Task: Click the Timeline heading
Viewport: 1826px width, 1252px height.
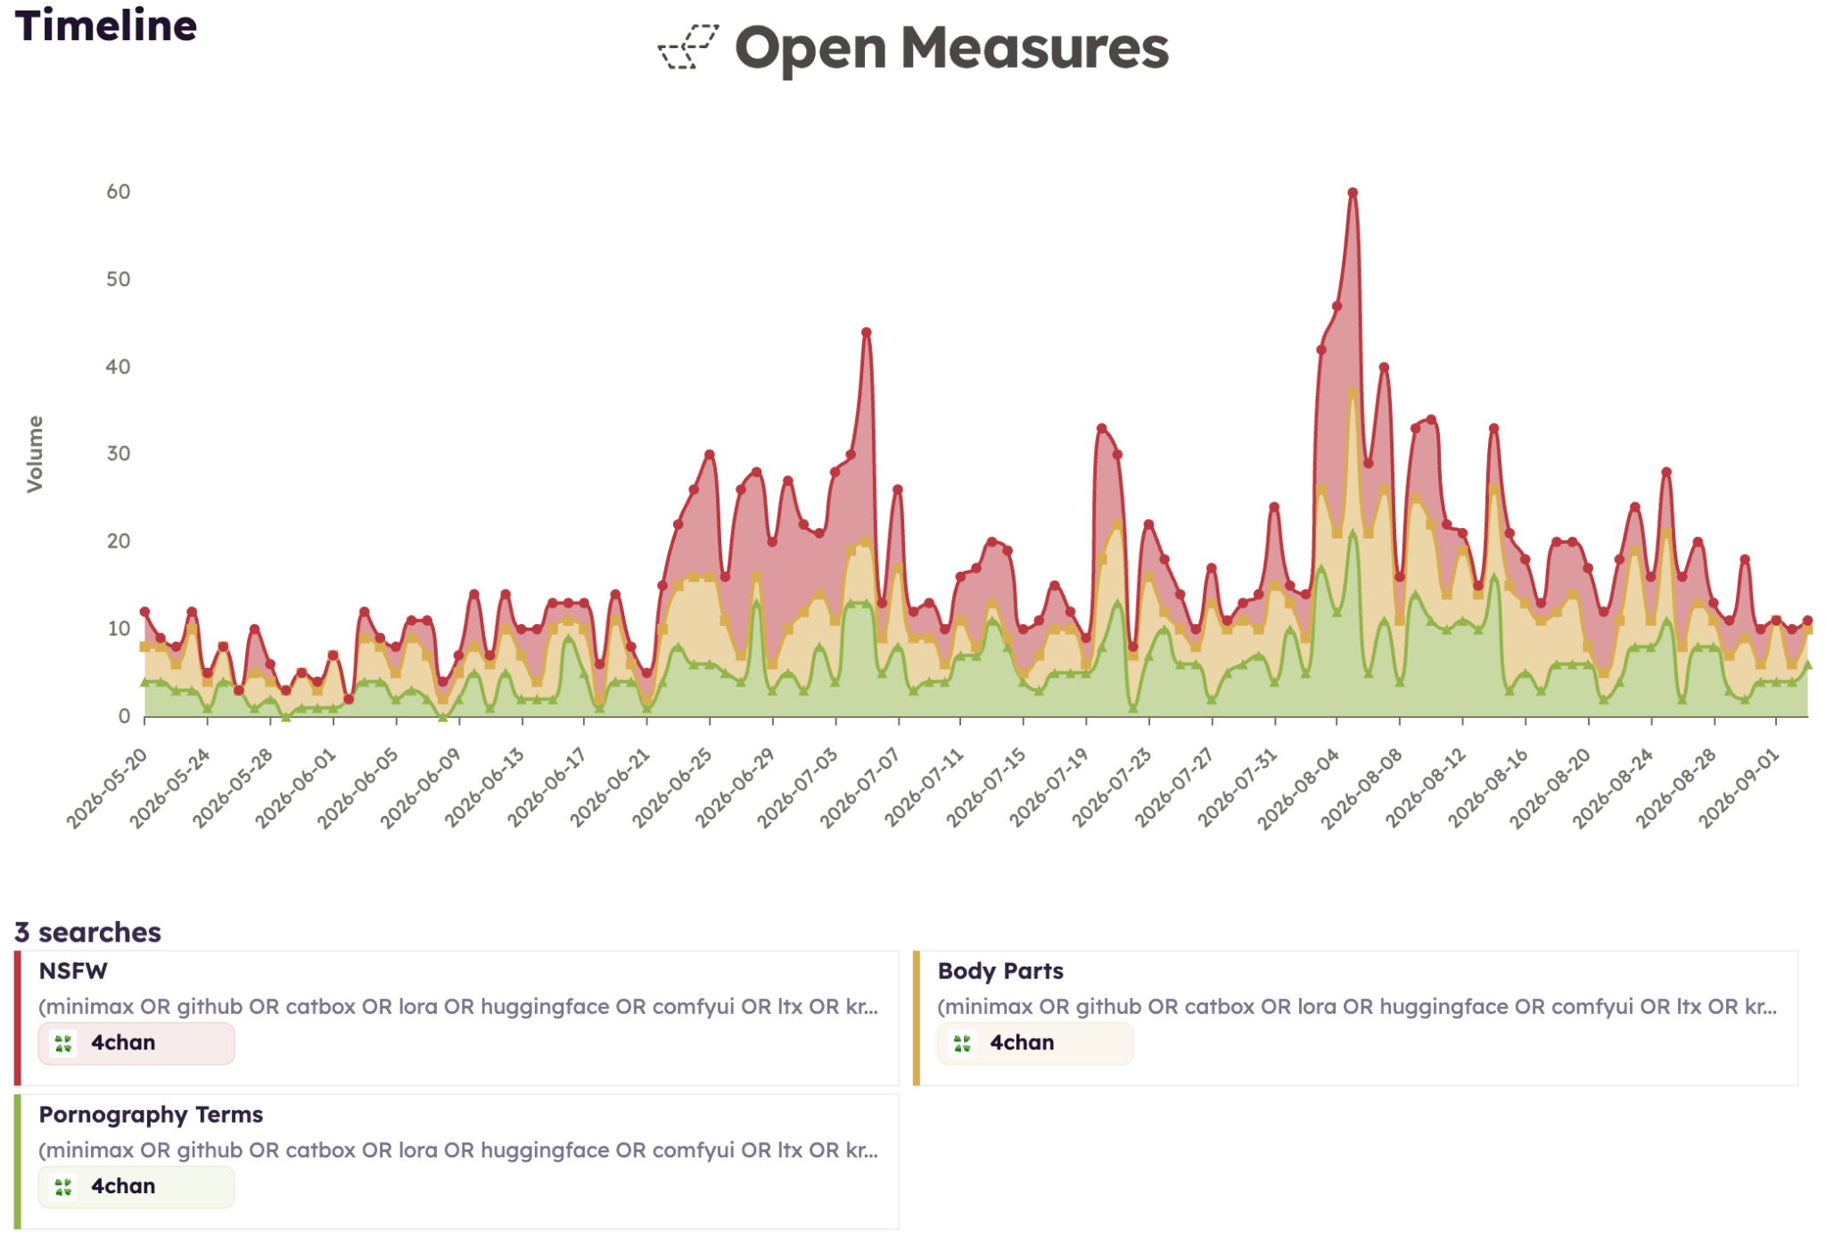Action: [106, 26]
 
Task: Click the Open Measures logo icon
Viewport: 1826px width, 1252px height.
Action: [687, 47]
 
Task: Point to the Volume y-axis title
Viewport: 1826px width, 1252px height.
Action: [35, 454]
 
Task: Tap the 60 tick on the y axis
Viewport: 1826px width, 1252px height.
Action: [119, 192]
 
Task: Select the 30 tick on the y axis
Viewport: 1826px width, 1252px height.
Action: [119, 454]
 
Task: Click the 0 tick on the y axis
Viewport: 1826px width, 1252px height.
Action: [125, 716]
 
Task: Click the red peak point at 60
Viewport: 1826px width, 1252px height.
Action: [1353, 193]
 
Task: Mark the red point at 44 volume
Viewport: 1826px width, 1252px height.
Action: [866, 333]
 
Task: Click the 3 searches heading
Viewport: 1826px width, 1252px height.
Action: [87, 932]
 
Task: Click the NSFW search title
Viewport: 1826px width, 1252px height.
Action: [73, 971]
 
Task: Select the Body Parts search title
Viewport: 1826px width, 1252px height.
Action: [1000, 971]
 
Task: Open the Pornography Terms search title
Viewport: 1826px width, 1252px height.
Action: [151, 1115]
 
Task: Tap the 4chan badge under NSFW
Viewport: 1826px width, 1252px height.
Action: [136, 1043]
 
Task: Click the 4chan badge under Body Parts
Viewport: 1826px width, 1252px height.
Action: [1035, 1043]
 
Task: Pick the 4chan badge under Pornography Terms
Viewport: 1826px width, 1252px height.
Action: [136, 1187]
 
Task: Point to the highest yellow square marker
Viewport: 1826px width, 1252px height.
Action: [1353, 393]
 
